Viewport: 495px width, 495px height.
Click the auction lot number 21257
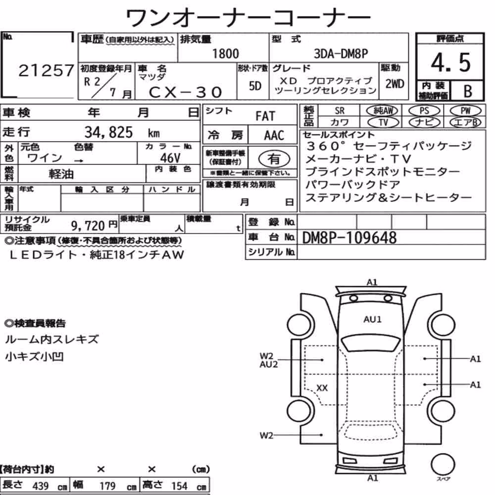point(46,70)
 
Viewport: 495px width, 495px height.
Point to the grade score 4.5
point(450,62)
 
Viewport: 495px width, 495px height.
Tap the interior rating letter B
point(468,91)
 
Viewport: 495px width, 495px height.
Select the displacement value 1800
point(225,53)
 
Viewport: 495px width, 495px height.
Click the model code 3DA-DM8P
point(341,53)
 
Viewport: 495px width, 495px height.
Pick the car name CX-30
point(185,92)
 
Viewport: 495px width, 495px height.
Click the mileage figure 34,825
point(108,132)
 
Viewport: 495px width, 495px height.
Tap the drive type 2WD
point(395,84)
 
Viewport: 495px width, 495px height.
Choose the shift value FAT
point(265,116)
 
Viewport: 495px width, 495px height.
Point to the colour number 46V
point(170,158)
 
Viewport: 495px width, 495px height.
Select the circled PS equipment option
point(424,111)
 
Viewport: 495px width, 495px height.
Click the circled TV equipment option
point(383,122)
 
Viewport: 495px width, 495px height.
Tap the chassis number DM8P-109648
point(349,238)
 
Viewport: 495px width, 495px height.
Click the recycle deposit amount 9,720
point(88,225)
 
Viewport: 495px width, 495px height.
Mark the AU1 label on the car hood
point(373,319)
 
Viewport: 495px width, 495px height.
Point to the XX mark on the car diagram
point(322,388)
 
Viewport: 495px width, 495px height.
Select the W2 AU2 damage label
point(269,360)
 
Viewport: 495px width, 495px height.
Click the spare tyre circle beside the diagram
point(443,464)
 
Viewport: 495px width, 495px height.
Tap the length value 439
point(41,486)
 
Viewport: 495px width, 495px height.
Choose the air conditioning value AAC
point(274,135)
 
